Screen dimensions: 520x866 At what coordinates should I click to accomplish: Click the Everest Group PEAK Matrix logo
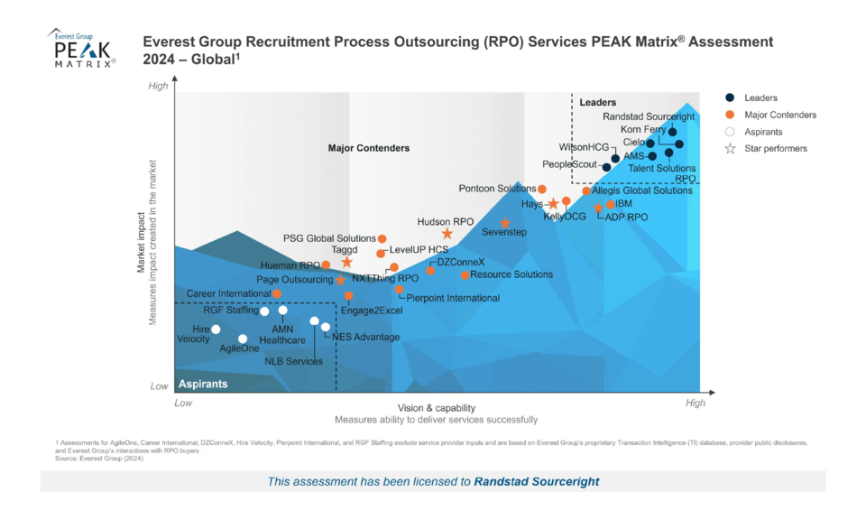click(81, 48)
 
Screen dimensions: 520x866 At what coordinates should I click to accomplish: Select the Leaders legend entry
click(761, 97)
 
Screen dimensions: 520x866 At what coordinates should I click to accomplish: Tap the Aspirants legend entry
click(763, 132)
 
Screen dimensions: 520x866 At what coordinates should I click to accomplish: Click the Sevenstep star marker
click(505, 223)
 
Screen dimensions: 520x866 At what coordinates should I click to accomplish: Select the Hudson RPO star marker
click(447, 234)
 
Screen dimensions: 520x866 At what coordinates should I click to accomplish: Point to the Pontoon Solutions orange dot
click(542, 189)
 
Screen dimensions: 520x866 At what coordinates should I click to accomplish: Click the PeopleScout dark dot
click(606, 167)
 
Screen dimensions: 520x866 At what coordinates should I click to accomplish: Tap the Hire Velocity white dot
click(216, 330)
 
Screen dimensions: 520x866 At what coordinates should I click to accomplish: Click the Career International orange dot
click(277, 293)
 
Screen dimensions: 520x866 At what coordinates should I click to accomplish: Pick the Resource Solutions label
click(511, 274)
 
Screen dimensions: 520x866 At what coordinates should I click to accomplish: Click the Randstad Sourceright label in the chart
click(649, 116)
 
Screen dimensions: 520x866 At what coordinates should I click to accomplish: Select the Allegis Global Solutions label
click(642, 190)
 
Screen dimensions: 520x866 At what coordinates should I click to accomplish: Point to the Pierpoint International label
click(453, 298)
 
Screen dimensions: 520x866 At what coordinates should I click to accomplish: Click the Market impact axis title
click(141, 242)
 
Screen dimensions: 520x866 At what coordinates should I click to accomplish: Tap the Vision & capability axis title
click(436, 408)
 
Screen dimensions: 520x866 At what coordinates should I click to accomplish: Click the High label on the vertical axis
click(158, 86)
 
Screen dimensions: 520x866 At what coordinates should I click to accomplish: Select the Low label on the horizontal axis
click(183, 403)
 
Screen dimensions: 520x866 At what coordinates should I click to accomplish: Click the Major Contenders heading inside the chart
click(368, 148)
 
